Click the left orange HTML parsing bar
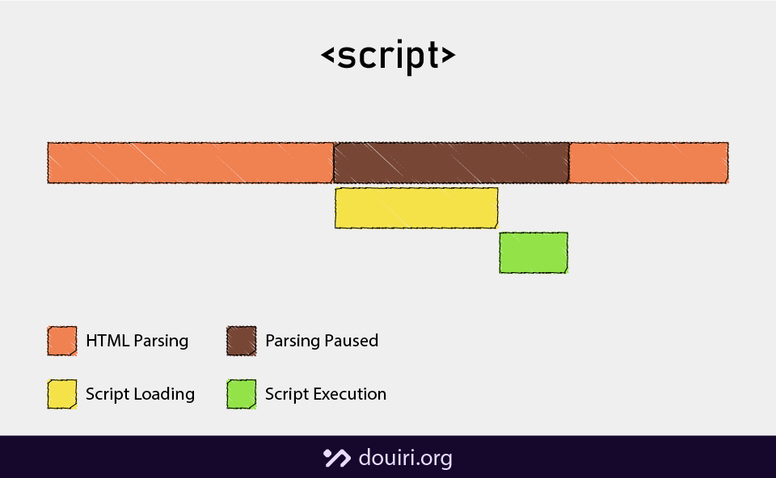[190, 162]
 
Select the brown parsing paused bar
[451, 162]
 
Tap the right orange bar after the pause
[648, 162]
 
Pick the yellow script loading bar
[416, 208]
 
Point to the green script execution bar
[533, 253]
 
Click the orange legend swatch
[62, 341]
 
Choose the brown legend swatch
[242, 341]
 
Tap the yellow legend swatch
[62, 394]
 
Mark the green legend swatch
[242, 394]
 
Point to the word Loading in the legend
[165, 395]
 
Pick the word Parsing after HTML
[162, 342]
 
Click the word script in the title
[388, 57]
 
